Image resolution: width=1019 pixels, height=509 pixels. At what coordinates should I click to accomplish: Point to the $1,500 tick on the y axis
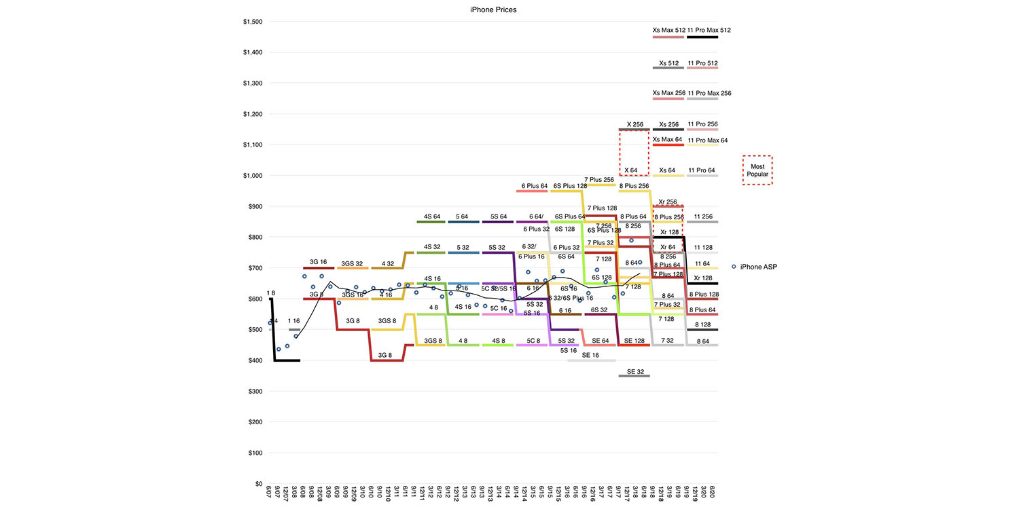pyautogui.click(x=253, y=22)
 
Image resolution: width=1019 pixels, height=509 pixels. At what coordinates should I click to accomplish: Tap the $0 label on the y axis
pyautogui.click(x=259, y=484)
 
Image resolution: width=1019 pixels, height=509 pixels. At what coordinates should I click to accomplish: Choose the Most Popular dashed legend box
pyautogui.click(x=757, y=170)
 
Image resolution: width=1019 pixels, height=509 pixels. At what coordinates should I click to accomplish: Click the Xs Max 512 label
pyautogui.click(x=668, y=30)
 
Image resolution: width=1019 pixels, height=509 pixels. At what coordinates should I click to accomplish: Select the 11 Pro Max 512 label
pyautogui.click(x=709, y=30)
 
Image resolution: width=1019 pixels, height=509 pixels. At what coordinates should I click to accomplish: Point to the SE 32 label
pyautogui.click(x=634, y=371)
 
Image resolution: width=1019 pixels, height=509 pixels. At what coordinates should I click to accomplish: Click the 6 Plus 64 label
pyautogui.click(x=534, y=185)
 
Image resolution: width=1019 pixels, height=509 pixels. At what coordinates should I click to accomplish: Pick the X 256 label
pyautogui.click(x=634, y=124)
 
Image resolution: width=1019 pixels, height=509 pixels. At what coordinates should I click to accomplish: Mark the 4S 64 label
pyautogui.click(x=432, y=217)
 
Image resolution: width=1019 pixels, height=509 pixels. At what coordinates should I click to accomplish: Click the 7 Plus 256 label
pyautogui.click(x=599, y=179)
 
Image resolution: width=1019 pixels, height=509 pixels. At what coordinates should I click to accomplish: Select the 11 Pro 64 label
pyautogui.click(x=702, y=170)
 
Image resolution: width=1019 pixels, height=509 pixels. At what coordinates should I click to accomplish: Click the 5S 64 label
pyautogui.click(x=498, y=217)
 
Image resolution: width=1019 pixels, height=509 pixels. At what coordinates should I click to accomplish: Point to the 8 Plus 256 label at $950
pyautogui.click(x=634, y=185)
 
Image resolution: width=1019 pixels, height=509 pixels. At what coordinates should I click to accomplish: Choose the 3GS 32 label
pyautogui.click(x=352, y=263)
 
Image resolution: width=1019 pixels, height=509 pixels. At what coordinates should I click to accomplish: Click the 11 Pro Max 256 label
pyautogui.click(x=709, y=93)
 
